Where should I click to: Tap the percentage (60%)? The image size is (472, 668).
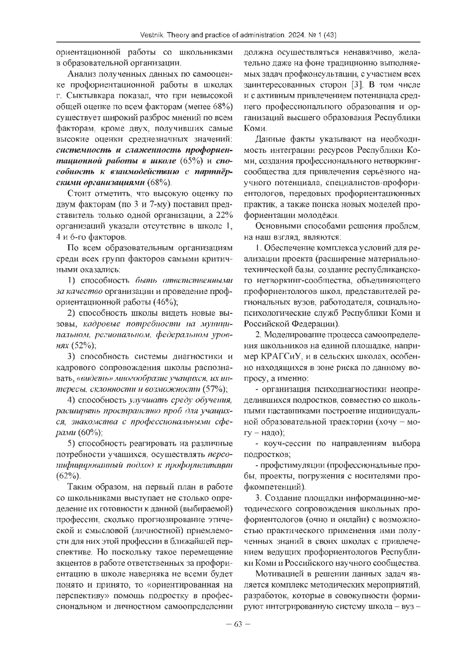click(90, 433)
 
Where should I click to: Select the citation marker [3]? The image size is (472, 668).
click(357, 85)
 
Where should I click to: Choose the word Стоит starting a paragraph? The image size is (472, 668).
click(79, 194)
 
